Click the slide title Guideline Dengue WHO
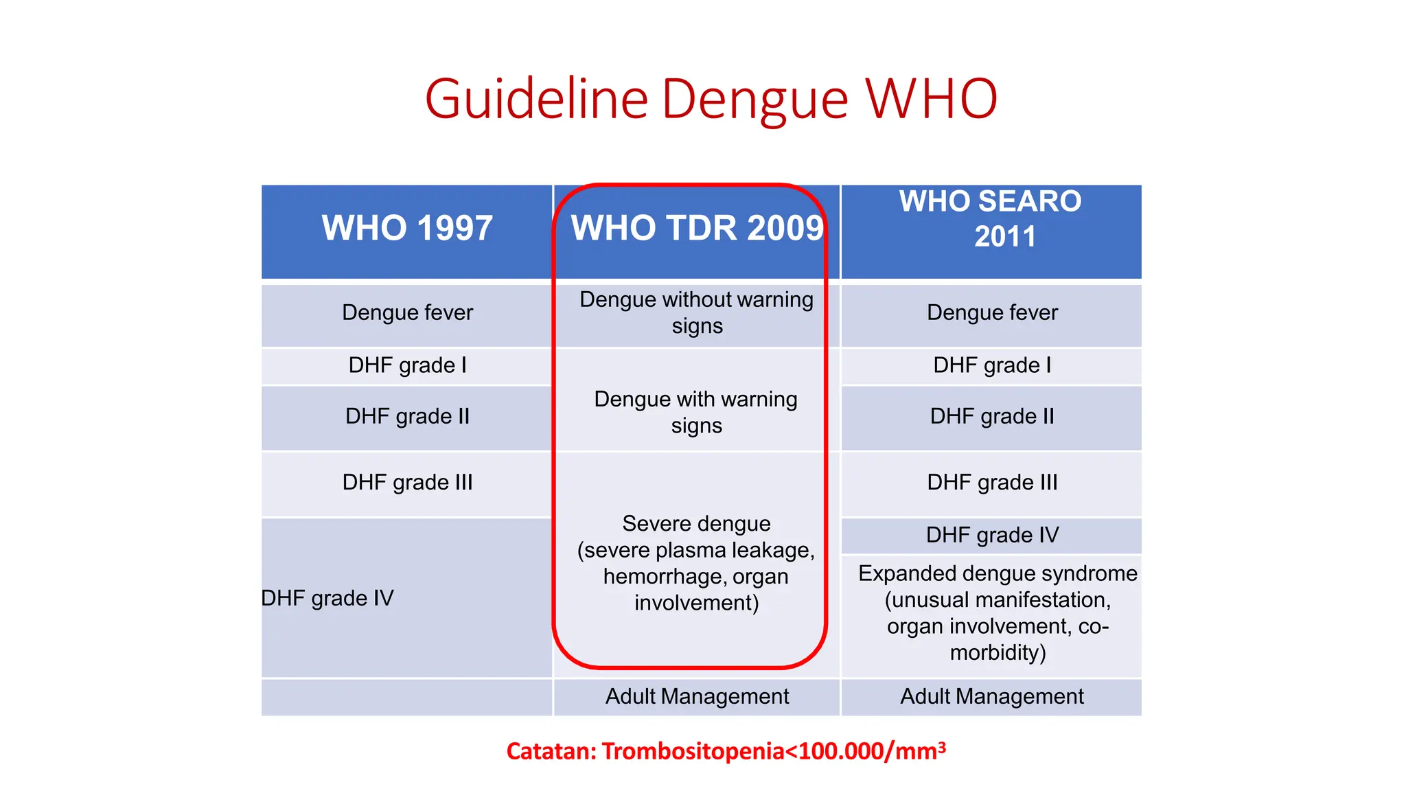[711, 100]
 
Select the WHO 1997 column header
[407, 228]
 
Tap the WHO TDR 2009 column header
[696, 228]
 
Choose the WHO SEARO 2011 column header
[991, 219]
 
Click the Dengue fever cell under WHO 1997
[407, 313]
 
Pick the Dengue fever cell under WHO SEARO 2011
[992, 313]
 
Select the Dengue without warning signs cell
[696, 312]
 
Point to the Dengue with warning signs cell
[696, 412]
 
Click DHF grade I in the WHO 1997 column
[407, 365]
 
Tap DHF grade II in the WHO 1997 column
[407, 417]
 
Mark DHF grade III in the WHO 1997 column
[407, 483]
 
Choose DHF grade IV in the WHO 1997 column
[327, 598]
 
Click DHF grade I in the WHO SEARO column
[992, 365]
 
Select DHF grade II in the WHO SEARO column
[992, 417]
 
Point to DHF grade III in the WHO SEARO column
[992, 483]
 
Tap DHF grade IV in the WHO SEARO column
[992, 535]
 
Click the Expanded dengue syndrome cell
[998, 612]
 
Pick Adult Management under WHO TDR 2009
[697, 697]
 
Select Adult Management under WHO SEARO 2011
[992, 697]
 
